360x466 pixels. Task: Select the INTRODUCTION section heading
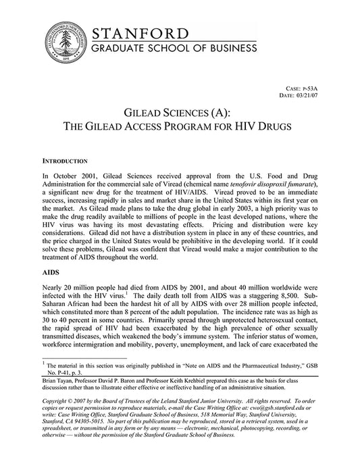[65, 162]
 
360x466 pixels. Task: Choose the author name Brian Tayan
[59, 381]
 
